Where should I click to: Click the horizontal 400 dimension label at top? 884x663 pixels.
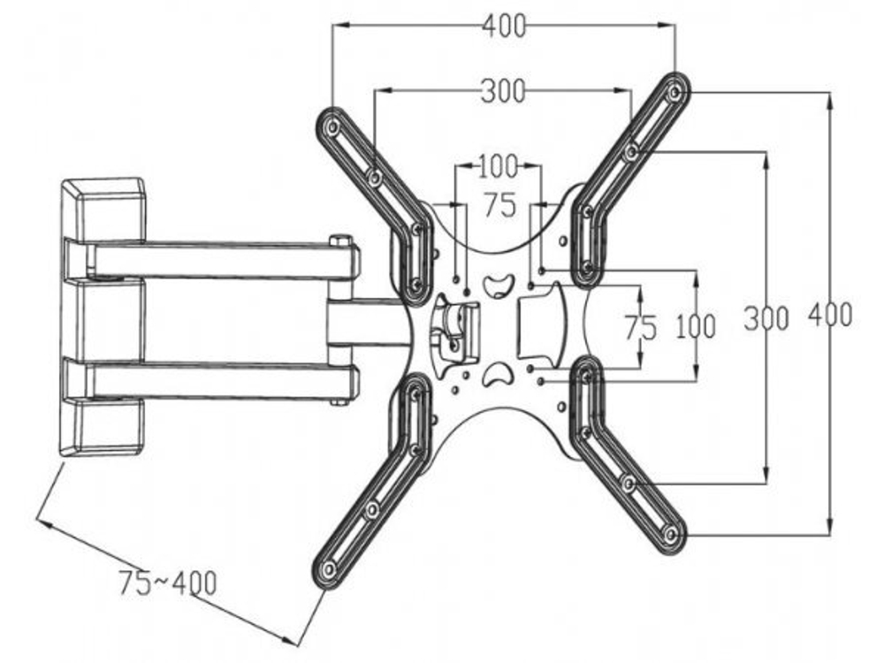pyautogui.click(x=503, y=27)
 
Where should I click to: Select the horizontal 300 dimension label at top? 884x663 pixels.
pyautogui.click(x=502, y=90)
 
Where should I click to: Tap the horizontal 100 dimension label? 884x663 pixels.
pyautogui.click(x=498, y=165)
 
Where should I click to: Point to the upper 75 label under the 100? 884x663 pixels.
pyautogui.click(x=499, y=206)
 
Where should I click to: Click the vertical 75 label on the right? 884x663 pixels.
pyautogui.click(x=640, y=328)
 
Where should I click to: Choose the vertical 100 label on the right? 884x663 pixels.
pyautogui.click(x=696, y=327)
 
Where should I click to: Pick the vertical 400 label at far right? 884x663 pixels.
pyautogui.click(x=830, y=315)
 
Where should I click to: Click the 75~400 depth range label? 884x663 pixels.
pyautogui.click(x=167, y=583)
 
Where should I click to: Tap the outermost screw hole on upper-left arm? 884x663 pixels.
pyautogui.click(x=332, y=127)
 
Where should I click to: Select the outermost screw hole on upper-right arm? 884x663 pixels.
pyautogui.click(x=675, y=91)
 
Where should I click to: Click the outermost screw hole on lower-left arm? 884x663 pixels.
pyautogui.click(x=330, y=570)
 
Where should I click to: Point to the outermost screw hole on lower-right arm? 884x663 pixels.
pyautogui.click(x=671, y=533)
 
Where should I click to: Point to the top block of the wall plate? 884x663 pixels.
pyautogui.click(x=103, y=209)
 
